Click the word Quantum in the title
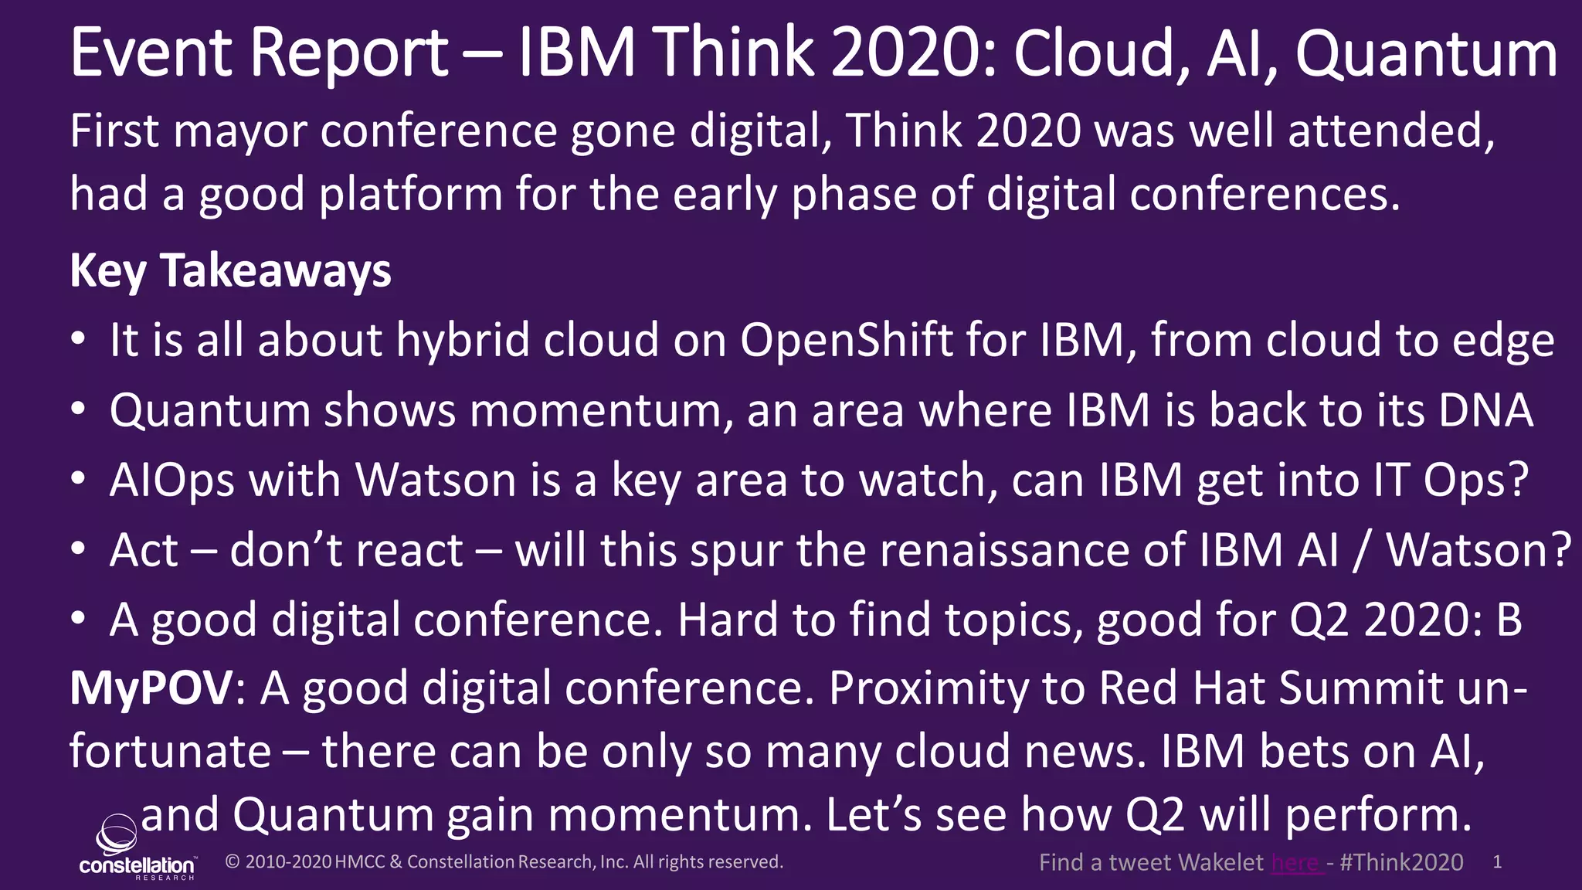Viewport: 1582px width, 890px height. coord(1426,54)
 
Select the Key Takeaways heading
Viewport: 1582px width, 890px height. coord(230,271)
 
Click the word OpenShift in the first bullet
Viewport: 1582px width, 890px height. coord(847,341)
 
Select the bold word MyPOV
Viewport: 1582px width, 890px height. coord(151,688)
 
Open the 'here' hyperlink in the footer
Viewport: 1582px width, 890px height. coord(1296,862)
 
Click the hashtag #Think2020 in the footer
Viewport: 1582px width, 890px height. coord(1401,862)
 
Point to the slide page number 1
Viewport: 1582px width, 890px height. coord(1497,862)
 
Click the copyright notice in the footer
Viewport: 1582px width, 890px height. coord(504,861)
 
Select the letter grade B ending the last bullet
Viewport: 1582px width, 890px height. coord(1509,620)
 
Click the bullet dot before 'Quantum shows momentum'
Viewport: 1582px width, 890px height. coord(77,411)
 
